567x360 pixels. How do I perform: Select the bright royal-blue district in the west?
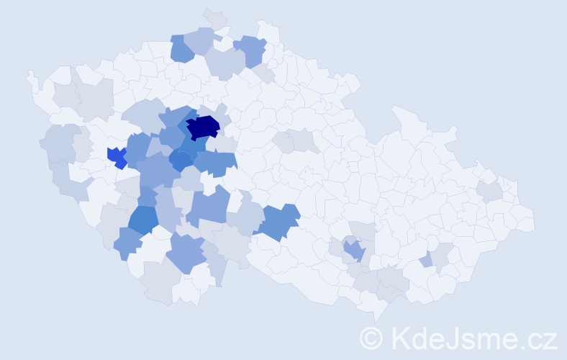pyautogui.click(x=115, y=156)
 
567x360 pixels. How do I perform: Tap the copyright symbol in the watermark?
pyautogui.click(x=371, y=337)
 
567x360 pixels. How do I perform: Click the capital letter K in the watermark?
pyautogui.click(x=400, y=337)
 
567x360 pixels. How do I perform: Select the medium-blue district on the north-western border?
pyautogui.click(x=181, y=50)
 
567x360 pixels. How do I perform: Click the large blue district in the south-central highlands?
pyautogui.click(x=279, y=221)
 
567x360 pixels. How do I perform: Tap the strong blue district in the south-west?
pyautogui.click(x=144, y=220)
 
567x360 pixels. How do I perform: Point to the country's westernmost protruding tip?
pyautogui.click(x=30, y=74)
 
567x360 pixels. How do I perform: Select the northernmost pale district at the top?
pyautogui.click(x=214, y=17)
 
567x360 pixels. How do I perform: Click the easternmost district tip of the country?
pyautogui.click(x=533, y=220)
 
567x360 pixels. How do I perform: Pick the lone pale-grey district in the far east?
pyautogui.click(x=489, y=191)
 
